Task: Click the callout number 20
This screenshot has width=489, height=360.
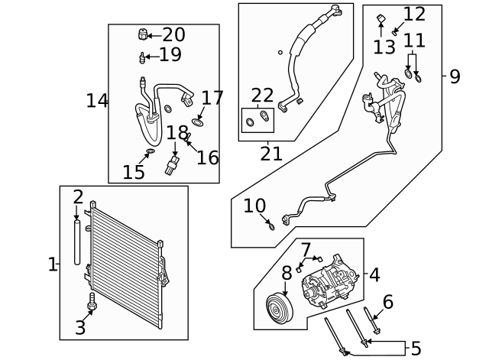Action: (x=174, y=34)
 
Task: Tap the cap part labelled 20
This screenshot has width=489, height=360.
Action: (x=142, y=34)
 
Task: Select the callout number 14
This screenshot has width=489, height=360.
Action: (x=97, y=100)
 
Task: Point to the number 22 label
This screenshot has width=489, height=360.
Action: (x=262, y=96)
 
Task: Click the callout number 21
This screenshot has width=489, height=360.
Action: (x=271, y=154)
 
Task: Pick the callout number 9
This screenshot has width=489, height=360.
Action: (x=455, y=76)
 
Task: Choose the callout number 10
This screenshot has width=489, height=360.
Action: (x=254, y=206)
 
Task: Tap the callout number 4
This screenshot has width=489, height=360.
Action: (x=374, y=274)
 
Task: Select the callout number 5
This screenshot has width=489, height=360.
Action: (x=416, y=349)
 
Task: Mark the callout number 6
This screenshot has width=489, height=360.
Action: (x=388, y=302)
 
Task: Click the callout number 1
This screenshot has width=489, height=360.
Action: (x=52, y=265)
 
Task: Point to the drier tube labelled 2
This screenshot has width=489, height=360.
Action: (x=77, y=242)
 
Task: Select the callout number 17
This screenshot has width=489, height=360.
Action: (x=212, y=98)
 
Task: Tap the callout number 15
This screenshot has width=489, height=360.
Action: (x=134, y=172)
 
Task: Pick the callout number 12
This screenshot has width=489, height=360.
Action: (x=414, y=14)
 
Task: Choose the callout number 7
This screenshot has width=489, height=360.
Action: (x=306, y=250)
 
